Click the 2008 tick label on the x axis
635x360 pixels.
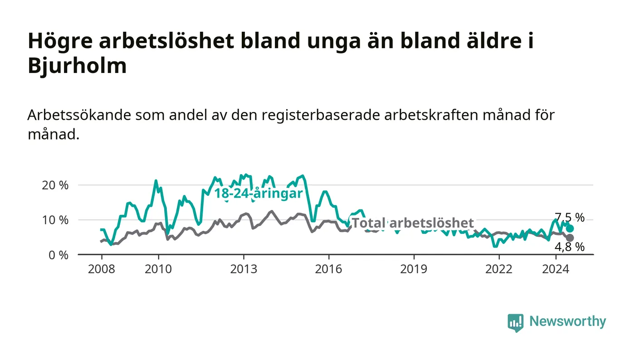pos(102,269)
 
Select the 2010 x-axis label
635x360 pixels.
pos(158,269)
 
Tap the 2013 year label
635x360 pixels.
pos(244,269)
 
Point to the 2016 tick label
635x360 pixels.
pos(328,269)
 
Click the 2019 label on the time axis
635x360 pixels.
pos(414,269)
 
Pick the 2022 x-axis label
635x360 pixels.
pos(499,269)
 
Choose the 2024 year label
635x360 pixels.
pos(556,269)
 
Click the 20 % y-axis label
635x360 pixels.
pos(55,185)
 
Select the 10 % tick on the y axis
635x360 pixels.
pos(55,220)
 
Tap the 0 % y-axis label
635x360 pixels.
pos(59,255)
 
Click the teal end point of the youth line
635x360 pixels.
pos(570,229)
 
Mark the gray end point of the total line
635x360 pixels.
pos(570,238)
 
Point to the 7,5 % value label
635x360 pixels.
pos(570,218)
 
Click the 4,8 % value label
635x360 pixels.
pos(570,247)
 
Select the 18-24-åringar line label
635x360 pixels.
pos(259,194)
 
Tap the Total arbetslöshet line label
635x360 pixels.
pos(413,223)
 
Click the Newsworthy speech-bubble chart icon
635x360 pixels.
pos(515,323)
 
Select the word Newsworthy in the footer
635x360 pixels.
pos(568,321)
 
